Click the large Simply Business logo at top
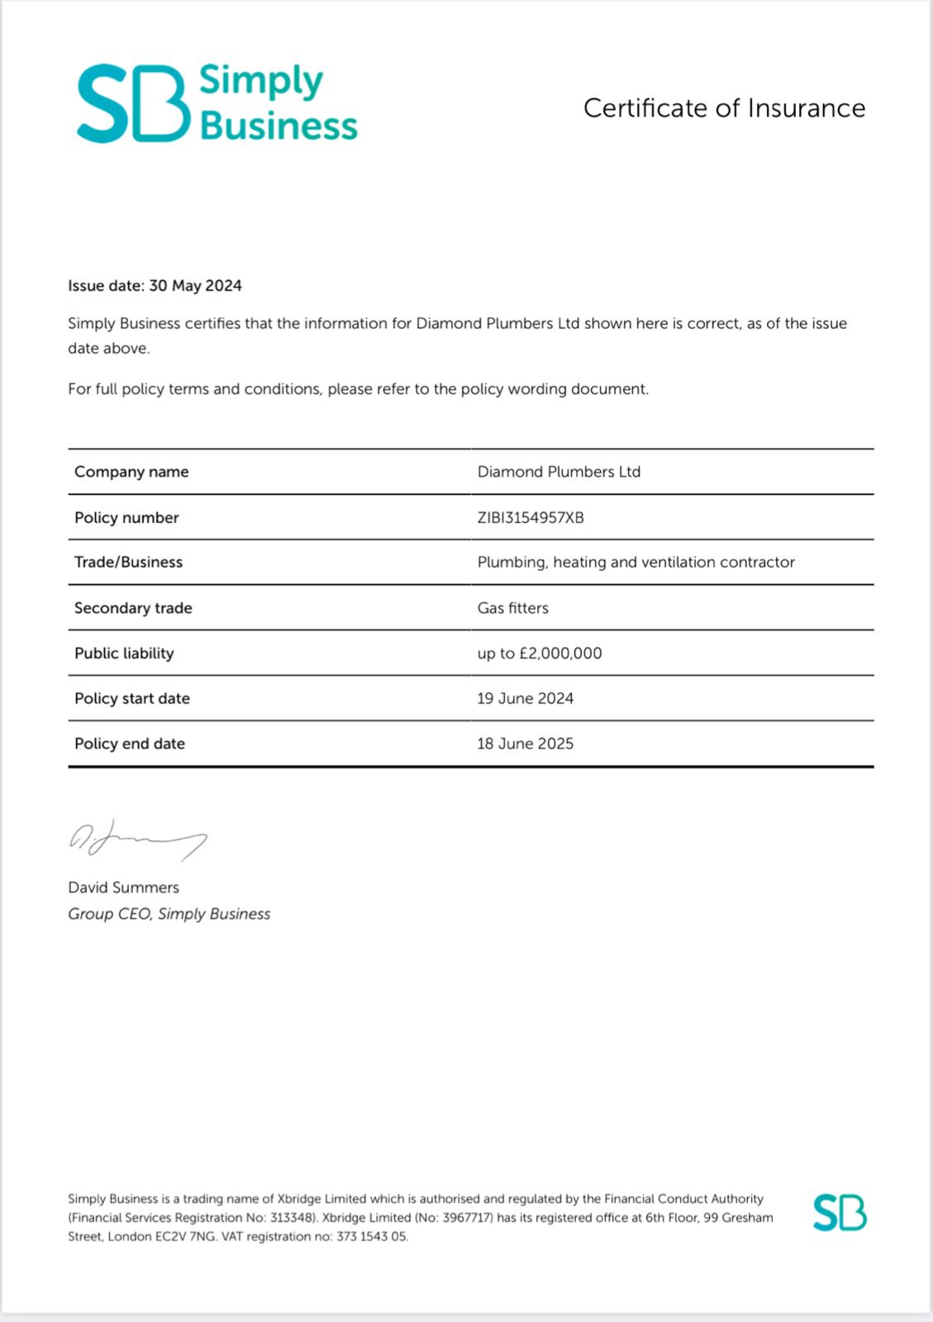[217, 103]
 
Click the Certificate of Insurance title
[724, 108]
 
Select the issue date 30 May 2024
[195, 286]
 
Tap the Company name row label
[131, 472]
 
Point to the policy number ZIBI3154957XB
[531, 518]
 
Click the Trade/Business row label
[128, 563]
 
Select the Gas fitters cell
[512, 608]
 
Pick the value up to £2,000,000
[540, 654]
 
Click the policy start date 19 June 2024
[525, 699]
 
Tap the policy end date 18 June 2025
[525, 744]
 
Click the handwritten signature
[137, 839]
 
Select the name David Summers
[123, 887]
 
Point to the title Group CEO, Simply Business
[169, 914]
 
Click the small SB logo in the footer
[840, 1213]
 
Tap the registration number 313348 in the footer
[292, 1218]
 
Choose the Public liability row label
[124, 654]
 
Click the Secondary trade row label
[133, 608]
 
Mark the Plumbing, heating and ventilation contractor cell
[635, 563]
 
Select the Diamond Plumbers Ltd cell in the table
[559, 472]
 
